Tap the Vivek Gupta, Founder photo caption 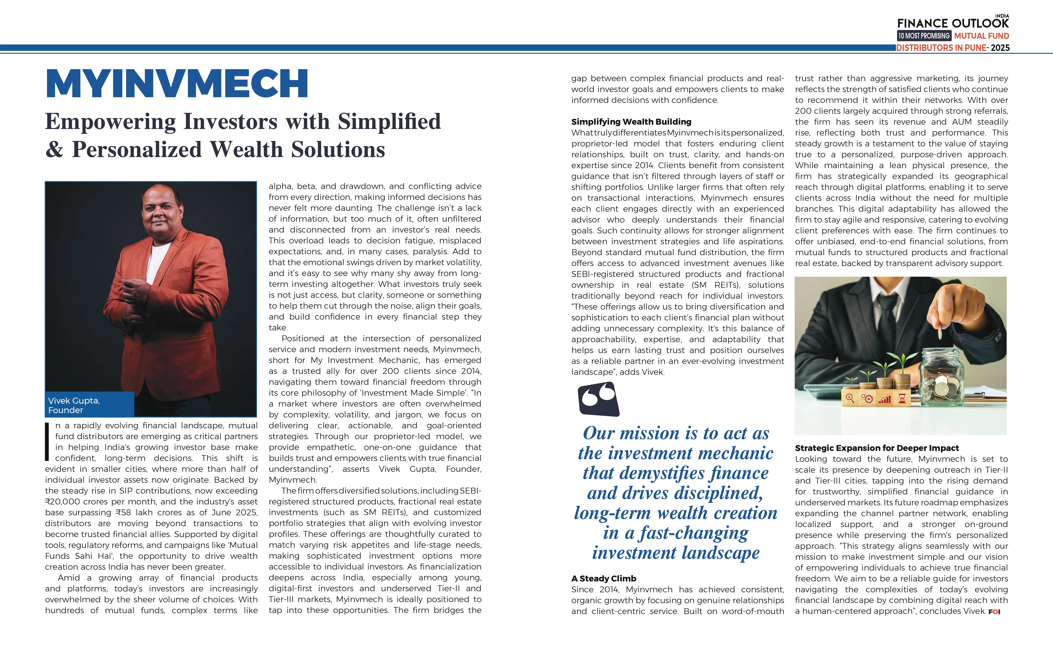[74, 405]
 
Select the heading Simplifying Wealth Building [631, 122]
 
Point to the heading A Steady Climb [603, 578]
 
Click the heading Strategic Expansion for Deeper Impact [877, 448]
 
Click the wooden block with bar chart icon [885, 398]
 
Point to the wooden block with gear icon [867, 398]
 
